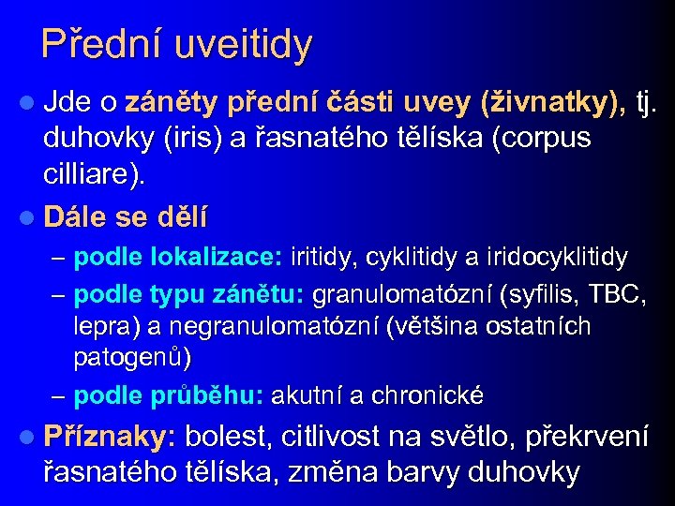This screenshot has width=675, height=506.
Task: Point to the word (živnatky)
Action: click(x=552, y=100)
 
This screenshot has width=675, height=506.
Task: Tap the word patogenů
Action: click(x=132, y=358)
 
